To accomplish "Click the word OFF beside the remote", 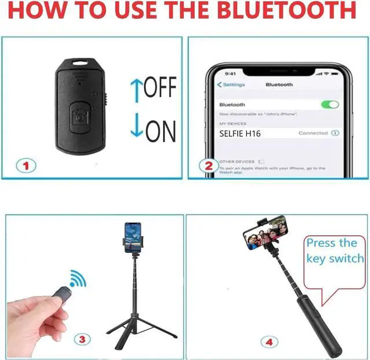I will coord(160,88).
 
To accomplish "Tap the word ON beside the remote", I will coord(160,132).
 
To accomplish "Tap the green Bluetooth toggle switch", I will coord(330,105).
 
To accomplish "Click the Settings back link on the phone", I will coord(231,85).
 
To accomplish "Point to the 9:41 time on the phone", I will coord(230,73).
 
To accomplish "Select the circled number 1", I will coord(25,166).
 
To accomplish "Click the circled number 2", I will coord(209,166).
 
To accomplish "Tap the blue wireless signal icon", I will coord(77,279).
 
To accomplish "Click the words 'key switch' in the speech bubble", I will coord(335,258).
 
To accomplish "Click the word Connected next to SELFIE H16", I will coord(313,133).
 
